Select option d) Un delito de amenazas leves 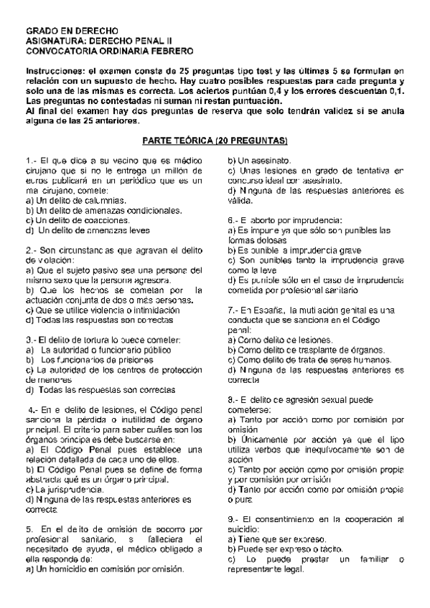click(x=87, y=230)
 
